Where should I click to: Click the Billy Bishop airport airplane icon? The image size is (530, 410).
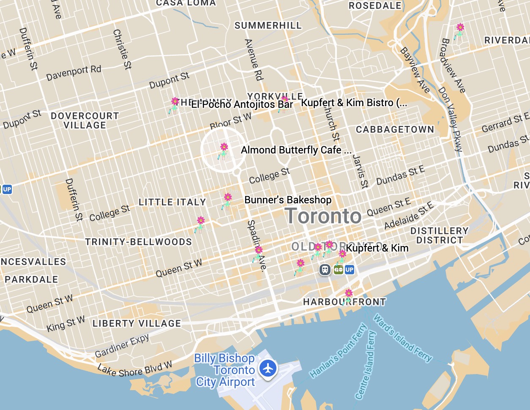pyautogui.click(x=268, y=368)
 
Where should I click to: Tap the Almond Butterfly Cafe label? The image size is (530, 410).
pyautogui.click(x=296, y=150)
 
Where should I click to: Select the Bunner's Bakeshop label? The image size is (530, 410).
pyautogui.click(x=288, y=200)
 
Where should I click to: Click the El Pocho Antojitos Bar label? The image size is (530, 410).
pyautogui.click(x=242, y=104)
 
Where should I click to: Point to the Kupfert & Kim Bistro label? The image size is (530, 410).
pyautogui.click(x=354, y=103)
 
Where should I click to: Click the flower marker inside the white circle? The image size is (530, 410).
pyautogui.click(x=224, y=150)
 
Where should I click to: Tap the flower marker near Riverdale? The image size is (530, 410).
pyautogui.click(x=459, y=30)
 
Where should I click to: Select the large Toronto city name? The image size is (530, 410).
pyautogui.click(x=323, y=216)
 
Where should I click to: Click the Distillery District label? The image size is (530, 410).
pyautogui.click(x=440, y=235)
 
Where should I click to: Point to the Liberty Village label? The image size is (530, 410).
pyautogui.click(x=137, y=323)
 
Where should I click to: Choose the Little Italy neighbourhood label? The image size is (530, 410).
pyautogui.click(x=172, y=202)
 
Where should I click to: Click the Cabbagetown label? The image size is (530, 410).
pyautogui.click(x=395, y=129)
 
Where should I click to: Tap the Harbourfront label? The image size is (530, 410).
pyautogui.click(x=344, y=302)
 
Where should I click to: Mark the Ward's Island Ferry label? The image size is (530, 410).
pyautogui.click(x=403, y=339)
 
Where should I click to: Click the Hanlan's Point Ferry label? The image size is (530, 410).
pyautogui.click(x=338, y=351)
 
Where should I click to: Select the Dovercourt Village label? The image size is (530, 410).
pyautogui.click(x=85, y=120)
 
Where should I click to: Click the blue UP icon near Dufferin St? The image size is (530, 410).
pyautogui.click(x=7, y=189)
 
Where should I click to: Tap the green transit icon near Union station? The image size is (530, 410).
pyautogui.click(x=338, y=269)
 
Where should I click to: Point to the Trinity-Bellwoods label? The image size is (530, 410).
pyautogui.click(x=138, y=242)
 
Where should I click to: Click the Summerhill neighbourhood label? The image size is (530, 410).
pyautogui.click(x=268, y=25)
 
